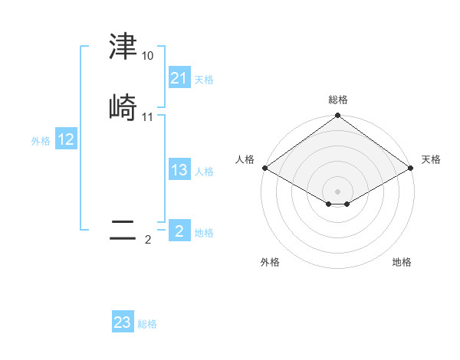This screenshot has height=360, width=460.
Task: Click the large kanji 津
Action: click(123, 47)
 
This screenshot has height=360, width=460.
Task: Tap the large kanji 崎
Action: click(123, 108)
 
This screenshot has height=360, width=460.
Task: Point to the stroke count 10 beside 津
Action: click(147, 56)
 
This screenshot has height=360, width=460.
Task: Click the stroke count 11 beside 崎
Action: click(147, 117)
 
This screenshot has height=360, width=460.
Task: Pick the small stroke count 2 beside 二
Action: click(148, 240)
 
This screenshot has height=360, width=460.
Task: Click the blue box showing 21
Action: click(179, 78)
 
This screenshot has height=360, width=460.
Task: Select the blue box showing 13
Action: click(179, 170)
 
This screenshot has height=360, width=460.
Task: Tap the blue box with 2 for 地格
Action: click(179, 231)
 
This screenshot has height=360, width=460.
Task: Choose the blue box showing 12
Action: click(66, 139)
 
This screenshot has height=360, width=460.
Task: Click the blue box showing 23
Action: click(122, 322)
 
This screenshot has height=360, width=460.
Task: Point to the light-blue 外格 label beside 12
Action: click(41, 141)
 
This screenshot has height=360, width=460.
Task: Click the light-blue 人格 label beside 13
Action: click(204, 172)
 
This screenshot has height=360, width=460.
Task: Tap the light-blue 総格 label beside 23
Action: click(147, 324)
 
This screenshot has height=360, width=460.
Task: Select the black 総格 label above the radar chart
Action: click(338, 100)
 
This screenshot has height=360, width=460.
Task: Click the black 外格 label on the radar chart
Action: click(270, 262)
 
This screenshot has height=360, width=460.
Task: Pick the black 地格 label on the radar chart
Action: click(402, 262)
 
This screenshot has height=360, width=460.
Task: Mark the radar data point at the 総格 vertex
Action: click(337, 116)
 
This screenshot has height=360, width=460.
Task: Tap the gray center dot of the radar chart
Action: click(337, 191)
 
